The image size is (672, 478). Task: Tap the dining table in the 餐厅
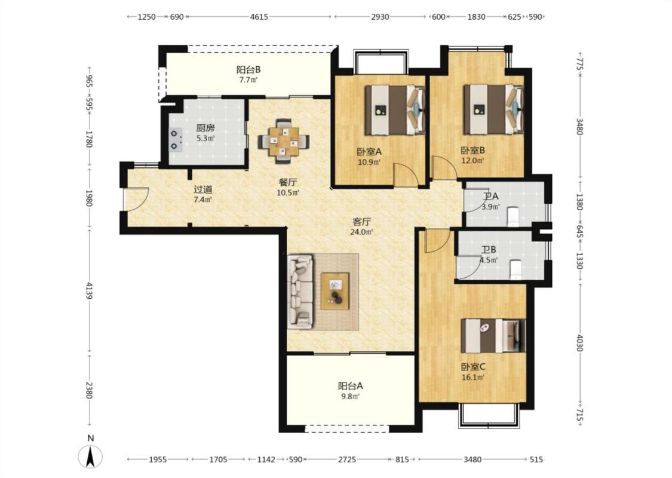click(x=283, y=141)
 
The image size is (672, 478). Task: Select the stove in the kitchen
click(x=176, y=139)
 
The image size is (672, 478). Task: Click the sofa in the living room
click(x=300, y=292)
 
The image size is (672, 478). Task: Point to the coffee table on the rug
click(x=335, y=291)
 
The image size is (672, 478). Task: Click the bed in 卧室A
click(x=395, y=110)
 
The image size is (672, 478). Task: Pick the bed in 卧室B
click(x=493, y=109)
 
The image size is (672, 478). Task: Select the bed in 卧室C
click(x=493, y=336)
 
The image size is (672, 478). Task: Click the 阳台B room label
click(x=248, y=69)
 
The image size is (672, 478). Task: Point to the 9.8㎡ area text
click(x=350, y=397)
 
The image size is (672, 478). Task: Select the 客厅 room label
click(x=362, y=222)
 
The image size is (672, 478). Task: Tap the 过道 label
click(x=202, y=189)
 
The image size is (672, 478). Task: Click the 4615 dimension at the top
click(x=259, y=17)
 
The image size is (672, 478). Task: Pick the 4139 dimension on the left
click(x=89, y=290)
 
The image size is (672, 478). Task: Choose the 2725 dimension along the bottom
click(x=346, y=459)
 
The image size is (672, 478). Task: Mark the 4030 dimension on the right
click(x=579, y=343)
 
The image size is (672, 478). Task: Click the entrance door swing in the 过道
click(x=136, y=200)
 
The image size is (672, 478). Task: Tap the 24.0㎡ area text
click(x=362, y=232)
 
